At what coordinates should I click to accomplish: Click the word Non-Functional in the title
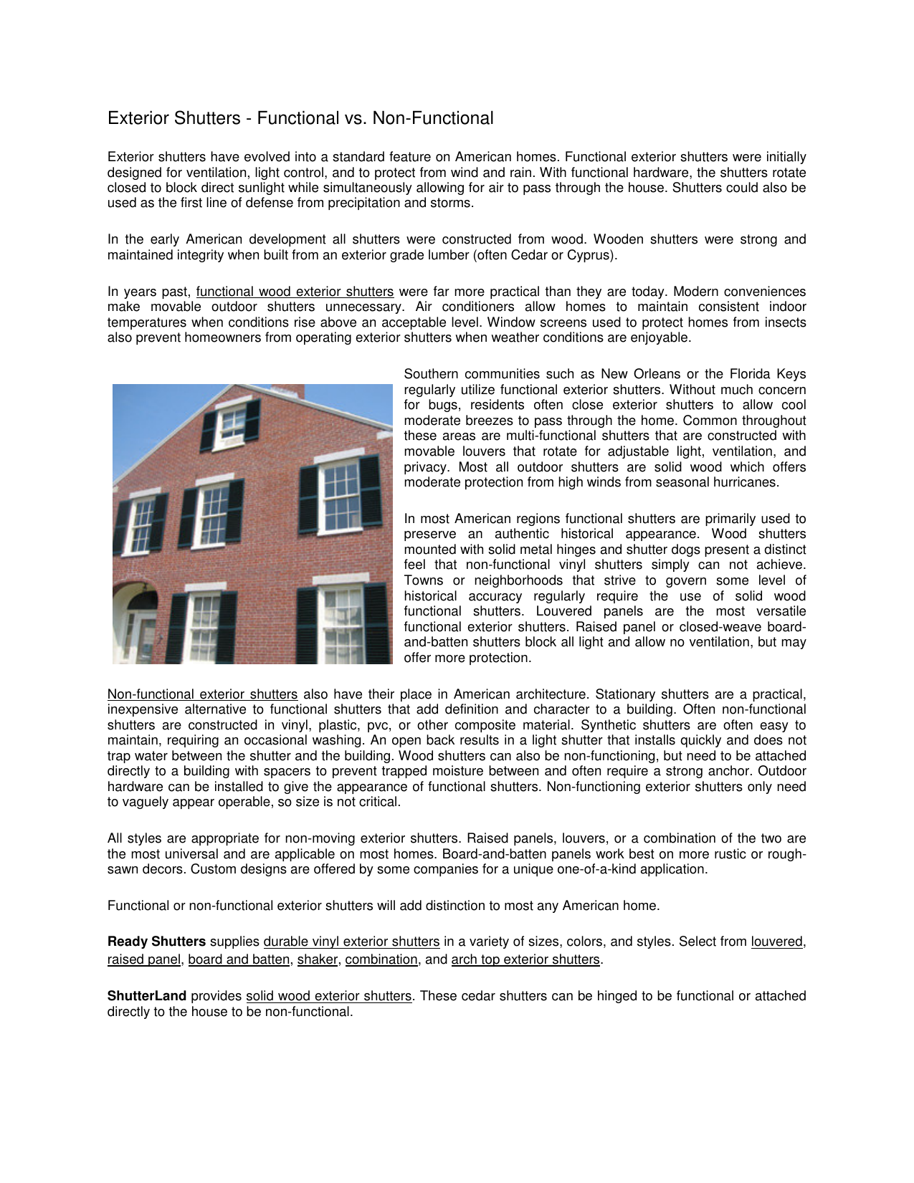pyautogui.click(x=432, y=118)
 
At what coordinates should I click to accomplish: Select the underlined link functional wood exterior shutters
pyautogui.click(x=295, y=292)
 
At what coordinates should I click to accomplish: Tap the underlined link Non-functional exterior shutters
pyautogui.click(x=202, y=694)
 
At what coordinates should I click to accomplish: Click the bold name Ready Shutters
pyautogui.click(x=156, y=942)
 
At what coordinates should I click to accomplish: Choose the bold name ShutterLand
pyautogui.click(x=147, y=996)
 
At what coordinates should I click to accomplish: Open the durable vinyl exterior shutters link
pyautogui.click(x=351, y=942)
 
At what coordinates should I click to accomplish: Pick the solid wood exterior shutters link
pyautogui.click(x=329, y=996)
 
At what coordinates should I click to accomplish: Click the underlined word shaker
pyautogui.click(x=317, y=959)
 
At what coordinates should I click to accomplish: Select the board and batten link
pyautogui.click(x=239, y=959)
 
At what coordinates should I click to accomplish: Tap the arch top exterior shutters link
pyautogui.click(x=525, y=959)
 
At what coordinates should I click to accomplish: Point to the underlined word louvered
pyautogui.click(x=777, y=942)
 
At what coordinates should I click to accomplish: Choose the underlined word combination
pyautogui.click(x=381, y=959)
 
